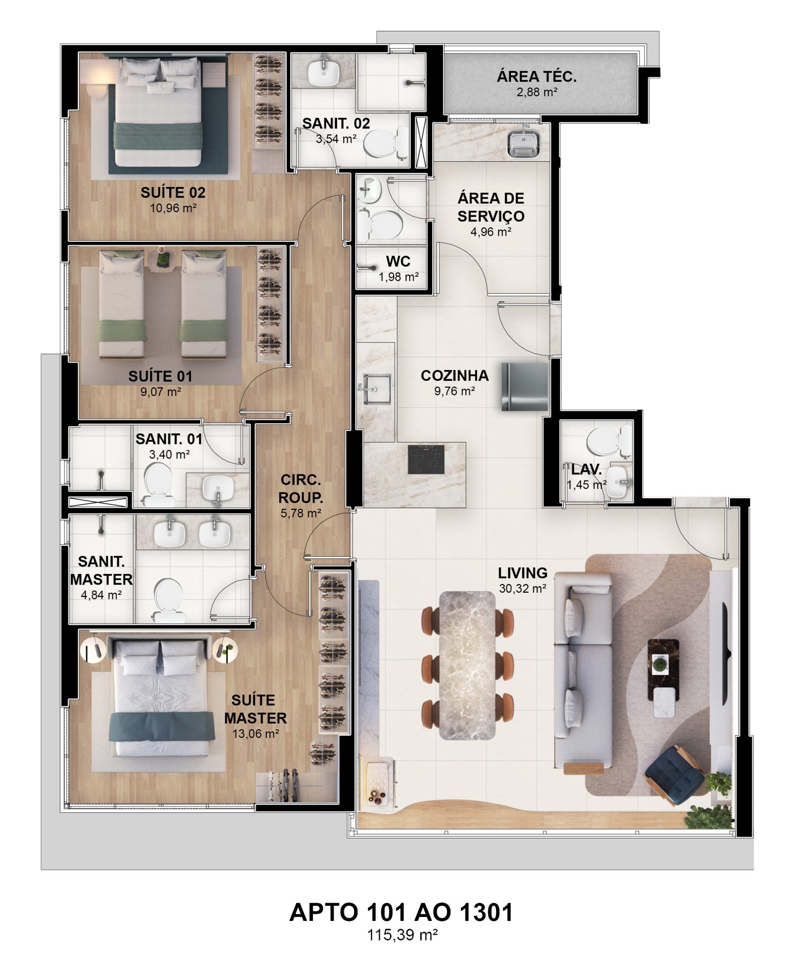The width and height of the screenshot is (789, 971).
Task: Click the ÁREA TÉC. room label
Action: (536, 77)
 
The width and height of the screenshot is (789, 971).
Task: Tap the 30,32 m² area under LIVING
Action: (523, 588)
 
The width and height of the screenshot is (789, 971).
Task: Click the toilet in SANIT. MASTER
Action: (168, 600)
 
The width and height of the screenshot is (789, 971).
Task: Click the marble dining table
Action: (468, 665)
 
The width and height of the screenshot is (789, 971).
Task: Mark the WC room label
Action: (398, 261)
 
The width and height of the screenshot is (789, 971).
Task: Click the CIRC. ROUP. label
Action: (301, 488)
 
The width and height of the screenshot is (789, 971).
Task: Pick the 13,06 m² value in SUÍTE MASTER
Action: (255, 734)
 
